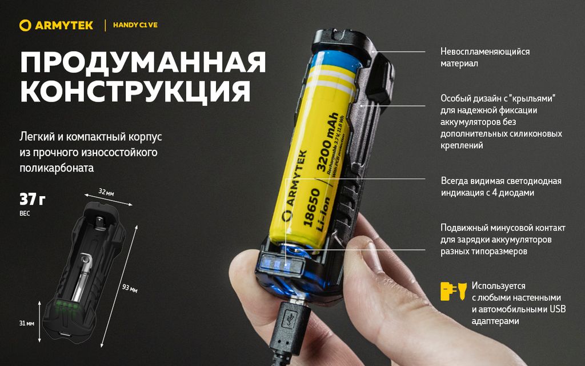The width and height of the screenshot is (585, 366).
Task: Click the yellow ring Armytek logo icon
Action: (x=25, y=25)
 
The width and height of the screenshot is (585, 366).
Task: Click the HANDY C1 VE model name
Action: (x=135, y=25)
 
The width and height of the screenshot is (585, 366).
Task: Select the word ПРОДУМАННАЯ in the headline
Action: (x=143, y=62)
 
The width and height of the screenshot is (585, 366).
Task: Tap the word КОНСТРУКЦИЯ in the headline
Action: (x=135, y=91)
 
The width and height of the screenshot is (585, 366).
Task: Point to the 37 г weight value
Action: (x=33, y=200)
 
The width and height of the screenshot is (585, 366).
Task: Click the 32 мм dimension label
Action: (x=106, y=192)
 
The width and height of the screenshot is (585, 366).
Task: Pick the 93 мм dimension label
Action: (x=130, y=288)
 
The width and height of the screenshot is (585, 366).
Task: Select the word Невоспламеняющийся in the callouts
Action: (x=485, y=51)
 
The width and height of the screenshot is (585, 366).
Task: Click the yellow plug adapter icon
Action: (x=454, y=291)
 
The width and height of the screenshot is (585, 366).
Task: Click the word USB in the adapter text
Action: (x=558, y=309)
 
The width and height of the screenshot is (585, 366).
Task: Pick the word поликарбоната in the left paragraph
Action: (x=57, y=168)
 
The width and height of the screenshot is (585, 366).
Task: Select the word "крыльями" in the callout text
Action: (x=534, y=98)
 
